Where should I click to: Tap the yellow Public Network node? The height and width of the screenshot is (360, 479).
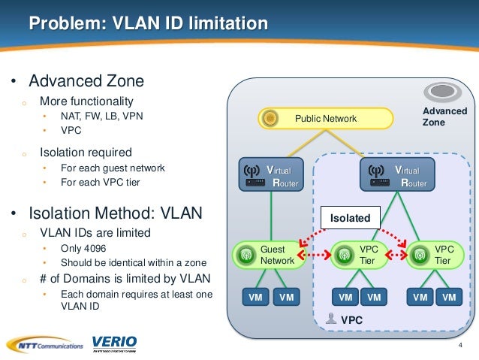point(325,119)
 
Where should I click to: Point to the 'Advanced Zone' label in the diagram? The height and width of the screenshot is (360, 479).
point(444,116)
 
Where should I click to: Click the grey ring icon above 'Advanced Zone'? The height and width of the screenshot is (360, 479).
point(443,92)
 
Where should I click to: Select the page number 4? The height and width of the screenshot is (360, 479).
point(460,345)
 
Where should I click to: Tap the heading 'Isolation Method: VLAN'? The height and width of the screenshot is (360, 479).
point(116,213)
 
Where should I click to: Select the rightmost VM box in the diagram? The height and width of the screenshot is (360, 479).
point(449,298)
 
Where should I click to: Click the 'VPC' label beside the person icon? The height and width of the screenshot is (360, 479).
point(352,319)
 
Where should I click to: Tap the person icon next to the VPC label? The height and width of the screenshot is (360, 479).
point(333,319)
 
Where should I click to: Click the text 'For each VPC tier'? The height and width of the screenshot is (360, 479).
point(100,183)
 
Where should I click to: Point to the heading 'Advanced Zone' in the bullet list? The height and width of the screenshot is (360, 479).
point(86,80)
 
